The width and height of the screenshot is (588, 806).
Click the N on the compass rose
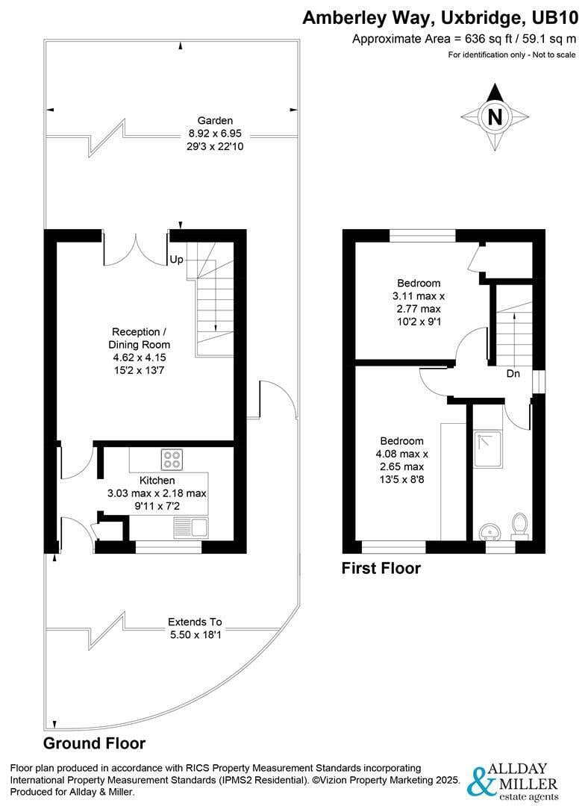(494, 117)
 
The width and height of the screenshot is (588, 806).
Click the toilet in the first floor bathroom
(519, 523)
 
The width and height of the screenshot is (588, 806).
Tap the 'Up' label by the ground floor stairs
(176, 260)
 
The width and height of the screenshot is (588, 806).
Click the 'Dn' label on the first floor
(513, 372)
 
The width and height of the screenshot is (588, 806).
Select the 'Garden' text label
(215, 120)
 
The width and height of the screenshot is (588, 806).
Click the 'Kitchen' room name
(157, 480)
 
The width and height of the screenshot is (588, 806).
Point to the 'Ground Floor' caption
(94, 743)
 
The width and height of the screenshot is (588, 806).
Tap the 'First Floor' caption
(381, 569)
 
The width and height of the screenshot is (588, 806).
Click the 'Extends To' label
(195, 622)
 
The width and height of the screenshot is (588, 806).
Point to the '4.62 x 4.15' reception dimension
(140, 357)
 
